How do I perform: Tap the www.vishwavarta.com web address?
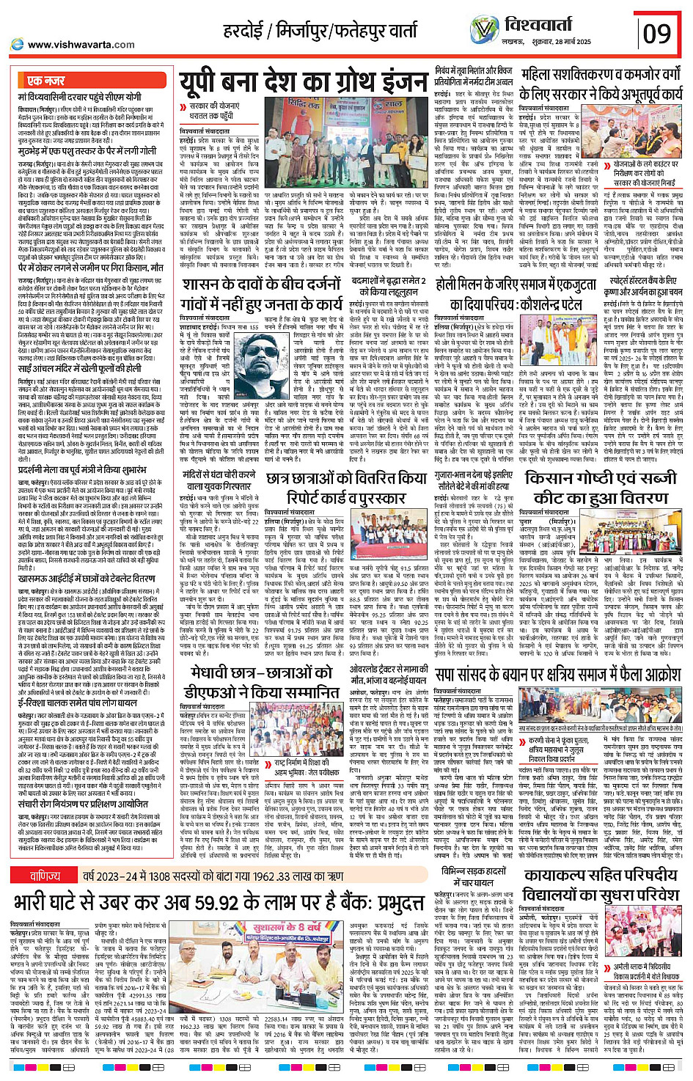tap(81, 44)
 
